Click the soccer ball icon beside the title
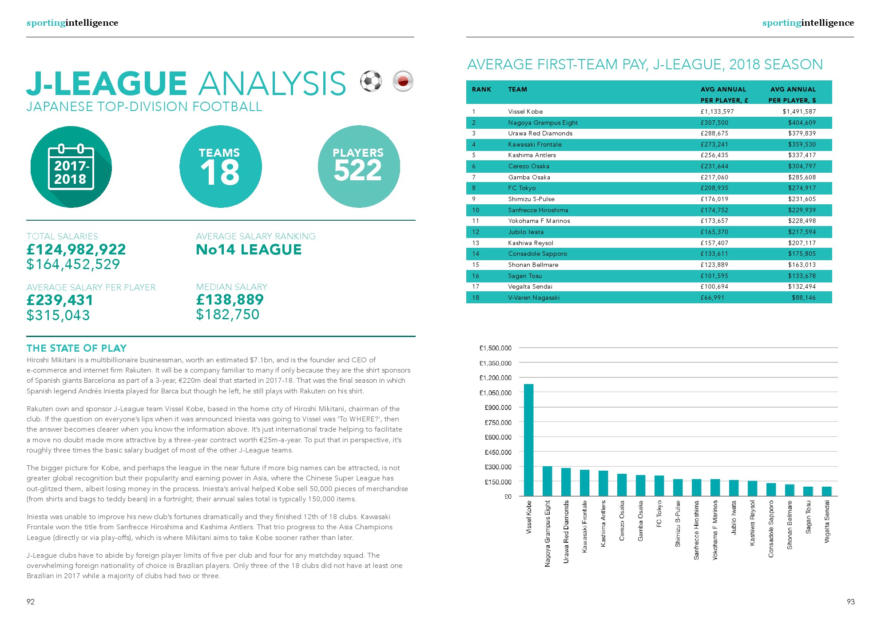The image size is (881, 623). [x=371, y=81]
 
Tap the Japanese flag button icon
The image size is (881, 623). [x=403, y=81]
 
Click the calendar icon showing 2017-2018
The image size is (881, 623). [x=71, y=167]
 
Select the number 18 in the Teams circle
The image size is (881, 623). [x=220, y=173]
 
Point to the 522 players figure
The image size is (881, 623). [x=358, y=171]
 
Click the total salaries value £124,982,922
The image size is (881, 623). [x=76, y=250]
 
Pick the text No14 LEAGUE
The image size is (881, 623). [x=249, y=250]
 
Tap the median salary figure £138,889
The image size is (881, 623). [x=230, y=300]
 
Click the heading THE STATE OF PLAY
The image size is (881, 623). [x=76, y=348]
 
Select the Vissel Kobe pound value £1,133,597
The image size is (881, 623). [x=717, y=111]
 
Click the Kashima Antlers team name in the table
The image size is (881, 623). [x=532, y=155]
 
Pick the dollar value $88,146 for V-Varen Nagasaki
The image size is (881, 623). [x=803, y=298]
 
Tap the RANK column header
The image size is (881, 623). [x=481, y=89]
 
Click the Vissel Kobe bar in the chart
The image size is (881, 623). [x=528, y=440]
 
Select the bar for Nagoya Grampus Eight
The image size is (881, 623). [x=547, y=481]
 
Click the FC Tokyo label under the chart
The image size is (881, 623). [x=659, y=513]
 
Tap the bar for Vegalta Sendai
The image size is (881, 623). [x=826, y=491]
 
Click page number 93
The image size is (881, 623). [x=850, y=602]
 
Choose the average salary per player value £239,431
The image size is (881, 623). [x=60, y=300]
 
